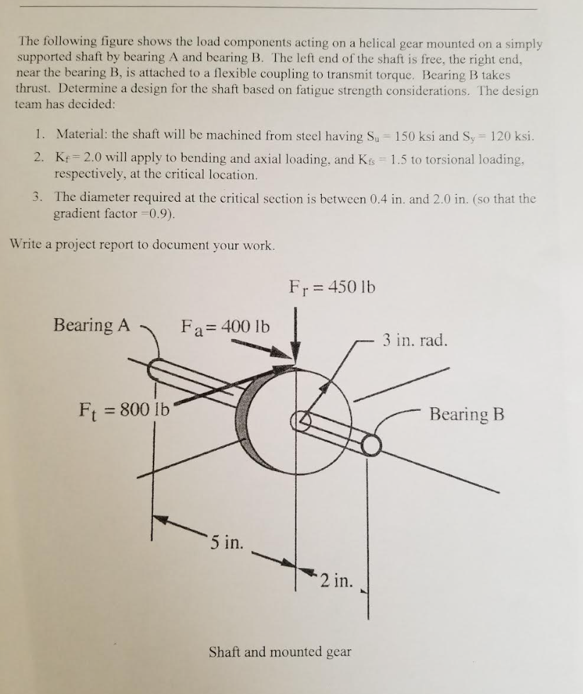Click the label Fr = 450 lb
[x=332, y=288]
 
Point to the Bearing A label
[x=92, y=325]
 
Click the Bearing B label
[x=467, y=414]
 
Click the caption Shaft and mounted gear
[x=280, y=651]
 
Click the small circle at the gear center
[x=301, y=420]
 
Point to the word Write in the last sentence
[x=27, y=245]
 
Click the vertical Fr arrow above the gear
[x=296, y=333]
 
